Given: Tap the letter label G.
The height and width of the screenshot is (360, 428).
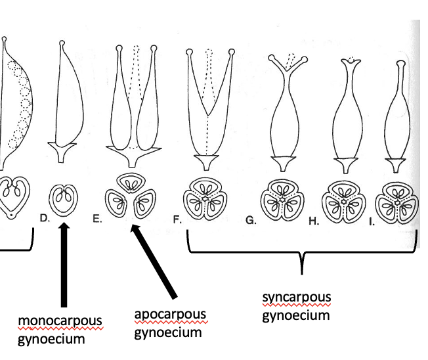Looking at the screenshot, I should tap(250, 220).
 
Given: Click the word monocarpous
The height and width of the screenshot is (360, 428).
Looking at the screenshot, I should tap(61, 323).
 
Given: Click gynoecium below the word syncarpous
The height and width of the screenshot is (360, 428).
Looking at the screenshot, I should tap(295, 315).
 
